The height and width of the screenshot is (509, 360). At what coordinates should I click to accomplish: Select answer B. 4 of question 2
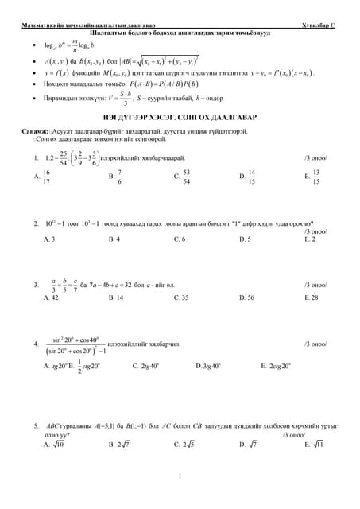114,239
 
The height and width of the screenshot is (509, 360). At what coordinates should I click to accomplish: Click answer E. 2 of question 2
310,239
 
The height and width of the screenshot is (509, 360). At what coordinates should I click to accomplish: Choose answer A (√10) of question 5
53,445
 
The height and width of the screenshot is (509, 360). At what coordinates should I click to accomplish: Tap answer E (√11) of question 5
314,445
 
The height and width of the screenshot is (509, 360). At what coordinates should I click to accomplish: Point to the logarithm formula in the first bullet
68,45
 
